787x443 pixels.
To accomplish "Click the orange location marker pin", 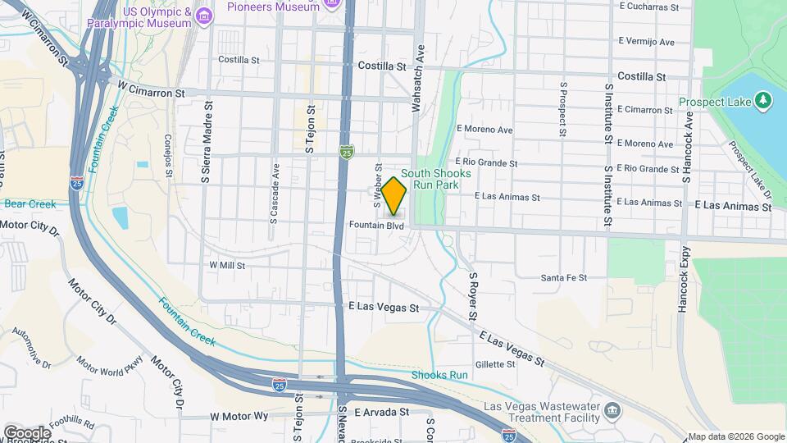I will (x=394, y=196).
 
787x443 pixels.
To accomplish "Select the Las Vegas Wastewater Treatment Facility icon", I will (x=612, y=409).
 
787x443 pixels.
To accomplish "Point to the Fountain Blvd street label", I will (x=376, y=225).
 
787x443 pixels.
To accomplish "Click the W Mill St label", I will (x=227, y=265).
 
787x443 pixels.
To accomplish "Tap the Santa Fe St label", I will (x=563, y=278).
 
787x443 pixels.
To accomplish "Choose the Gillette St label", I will (x=494, y=364).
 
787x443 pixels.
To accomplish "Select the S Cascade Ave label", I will (x=275, y=194).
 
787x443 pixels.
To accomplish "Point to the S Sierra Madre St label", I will (x=208, y=143).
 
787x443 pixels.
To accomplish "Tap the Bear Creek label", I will (x=30, y=203).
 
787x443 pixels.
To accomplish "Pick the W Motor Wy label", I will (x=239, y=416).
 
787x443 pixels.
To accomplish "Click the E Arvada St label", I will (x=382, y=412).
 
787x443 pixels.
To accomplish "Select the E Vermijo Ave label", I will (x=646, y=41).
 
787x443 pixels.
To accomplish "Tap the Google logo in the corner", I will (x=27, y=432).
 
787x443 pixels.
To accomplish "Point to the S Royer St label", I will (x=473, y=296).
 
